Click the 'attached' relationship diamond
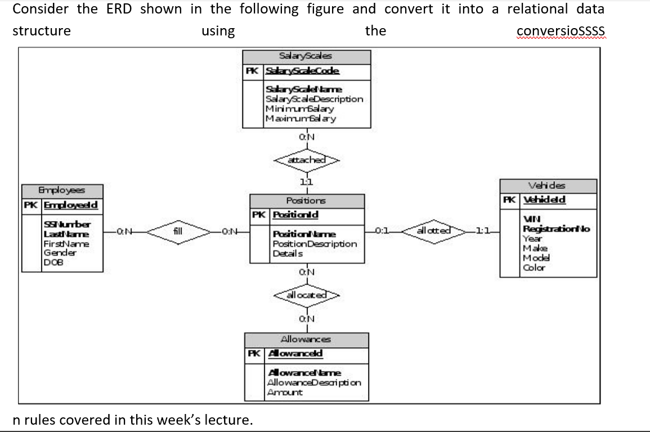pos(306,160)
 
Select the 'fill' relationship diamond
pos(177,231)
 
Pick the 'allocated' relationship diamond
pos(307,295)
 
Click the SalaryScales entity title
pos(306,56)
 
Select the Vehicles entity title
pos(547,186)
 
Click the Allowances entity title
pos(306,339)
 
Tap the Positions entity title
pos(306,200)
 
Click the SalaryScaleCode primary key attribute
pos(303,71)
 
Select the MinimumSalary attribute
pos(299,109)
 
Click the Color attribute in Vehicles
pos(534,268)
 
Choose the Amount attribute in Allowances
pos(285,392)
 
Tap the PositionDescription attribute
pos(315,244)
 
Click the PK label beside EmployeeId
pos(30,205)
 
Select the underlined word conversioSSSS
pos(560,30)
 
